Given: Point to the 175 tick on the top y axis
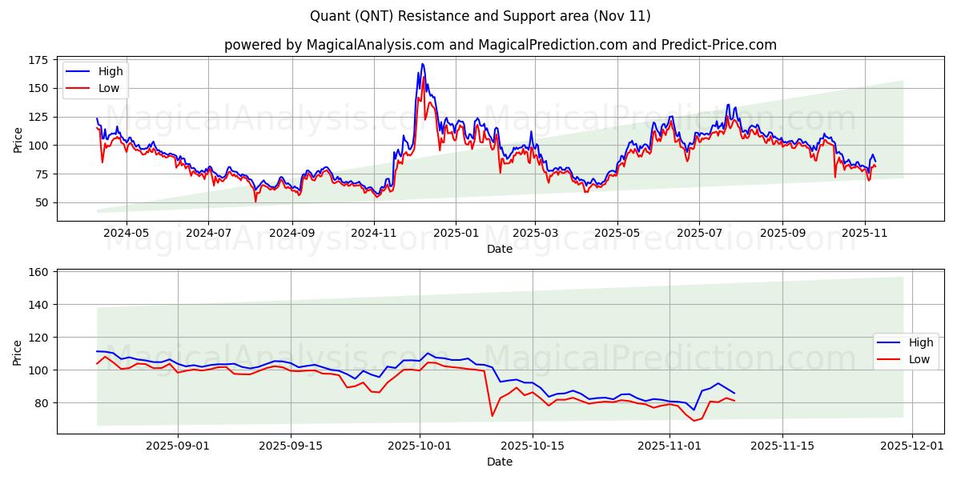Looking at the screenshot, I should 38,60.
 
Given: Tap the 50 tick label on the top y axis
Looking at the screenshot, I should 41,202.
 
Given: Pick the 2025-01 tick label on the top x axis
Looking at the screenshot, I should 455,233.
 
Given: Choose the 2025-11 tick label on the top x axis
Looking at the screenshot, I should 865,233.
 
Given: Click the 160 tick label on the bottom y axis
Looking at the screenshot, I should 38,272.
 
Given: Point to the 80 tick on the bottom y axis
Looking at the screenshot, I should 41,402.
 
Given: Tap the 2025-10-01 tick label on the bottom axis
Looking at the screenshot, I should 420,446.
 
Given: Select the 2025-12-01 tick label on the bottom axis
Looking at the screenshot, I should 913,446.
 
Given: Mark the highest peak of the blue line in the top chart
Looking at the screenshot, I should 423,64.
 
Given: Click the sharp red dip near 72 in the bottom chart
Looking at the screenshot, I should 493,415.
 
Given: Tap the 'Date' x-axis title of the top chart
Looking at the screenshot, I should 500,249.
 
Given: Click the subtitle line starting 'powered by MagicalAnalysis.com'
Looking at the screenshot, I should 501,45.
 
